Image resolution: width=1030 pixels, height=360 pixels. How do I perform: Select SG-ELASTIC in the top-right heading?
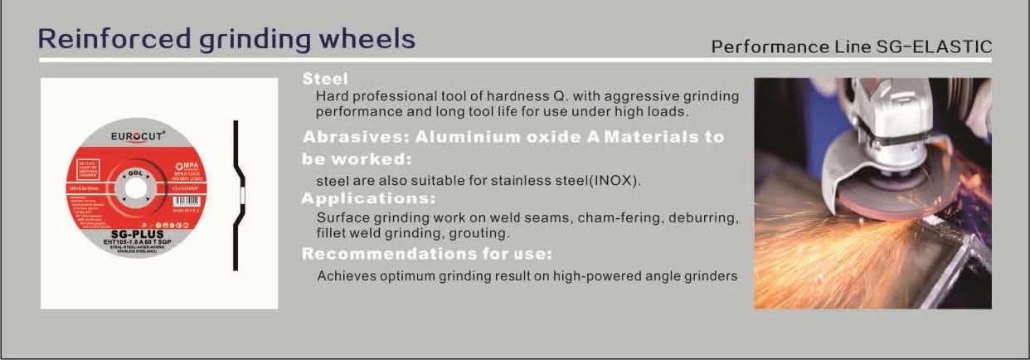[934, 47]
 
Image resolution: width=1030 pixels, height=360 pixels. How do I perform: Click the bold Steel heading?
[324, 80]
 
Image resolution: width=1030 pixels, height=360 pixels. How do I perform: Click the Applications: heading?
[367, 199]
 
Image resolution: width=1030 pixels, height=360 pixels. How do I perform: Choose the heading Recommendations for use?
[426, 253]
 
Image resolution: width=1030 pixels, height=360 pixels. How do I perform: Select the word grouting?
[479, 234]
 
